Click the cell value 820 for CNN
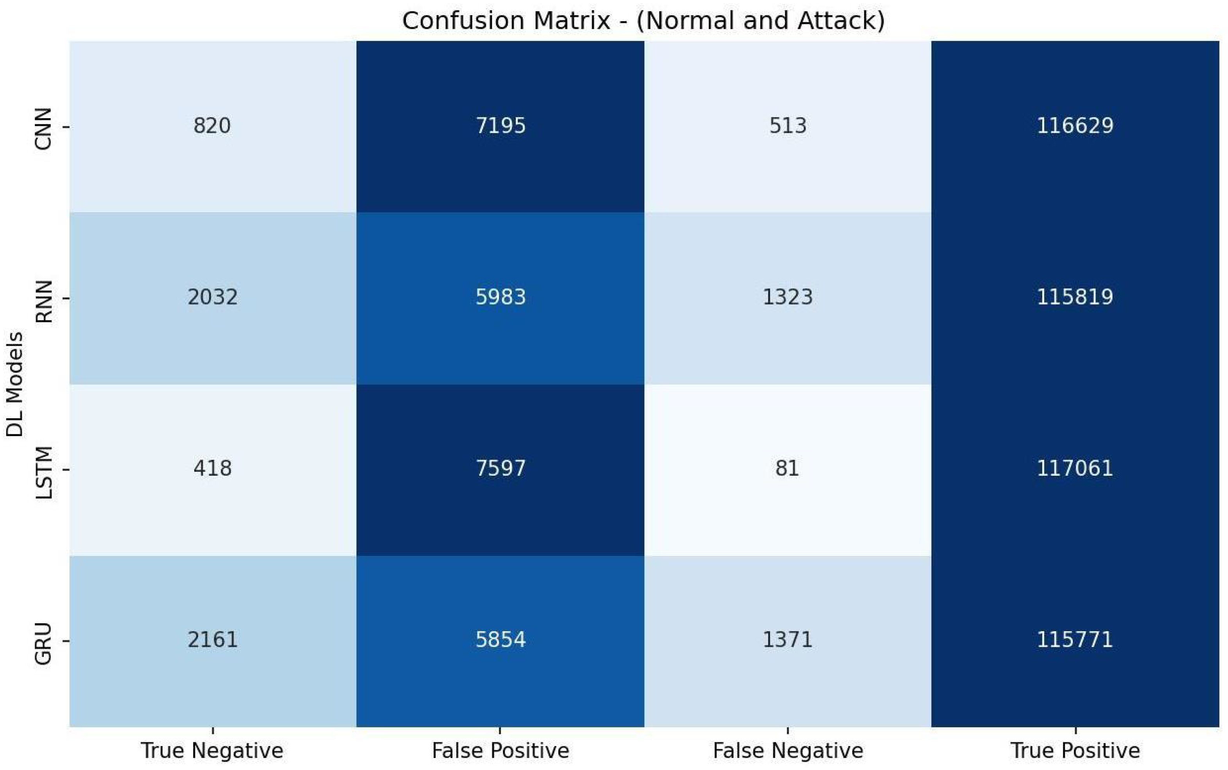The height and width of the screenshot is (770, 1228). coord(212,126)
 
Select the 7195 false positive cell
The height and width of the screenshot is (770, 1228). coord(500,126)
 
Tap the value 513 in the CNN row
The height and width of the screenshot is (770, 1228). coord(787,126)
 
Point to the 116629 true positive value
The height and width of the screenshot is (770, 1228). coord(1075,126)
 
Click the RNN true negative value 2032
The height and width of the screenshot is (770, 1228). coord(212,297)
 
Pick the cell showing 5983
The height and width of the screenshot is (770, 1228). coord(500,297)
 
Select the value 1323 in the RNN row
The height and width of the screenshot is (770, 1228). coord(787,297)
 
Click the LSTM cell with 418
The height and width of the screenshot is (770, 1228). coord(212,468)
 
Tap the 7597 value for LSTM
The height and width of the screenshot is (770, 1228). coord(500,468)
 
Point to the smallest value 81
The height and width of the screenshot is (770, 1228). coord(787,468)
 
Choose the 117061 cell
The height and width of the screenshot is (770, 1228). coord(1075,468)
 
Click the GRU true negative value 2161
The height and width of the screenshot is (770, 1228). coord(212,639)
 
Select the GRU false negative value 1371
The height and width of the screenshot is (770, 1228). coord(787,639)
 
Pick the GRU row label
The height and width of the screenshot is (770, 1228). coord(43,643)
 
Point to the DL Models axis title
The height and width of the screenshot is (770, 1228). coord(15,385)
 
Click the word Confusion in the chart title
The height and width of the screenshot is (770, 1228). coord(464,21)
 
